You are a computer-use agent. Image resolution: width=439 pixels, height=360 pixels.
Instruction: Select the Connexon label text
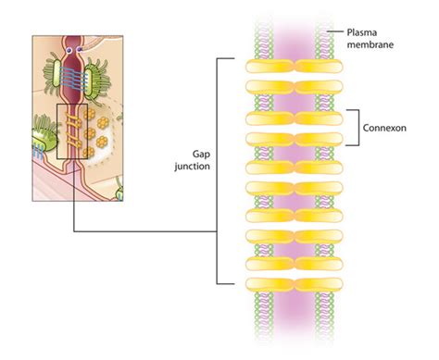click(390, 127)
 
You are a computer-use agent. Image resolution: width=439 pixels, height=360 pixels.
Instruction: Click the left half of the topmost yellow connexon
click(269, 67)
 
